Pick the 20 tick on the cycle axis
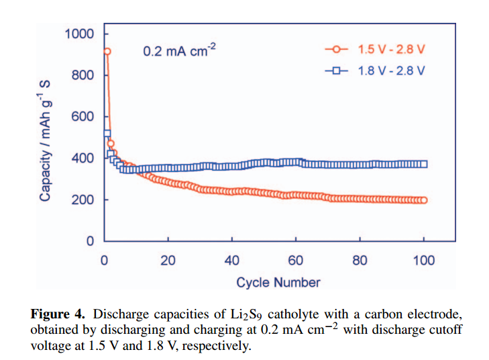point(168,261)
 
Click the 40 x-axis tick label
point(231,261)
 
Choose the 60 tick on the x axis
point(296,261)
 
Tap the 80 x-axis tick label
point(360,261)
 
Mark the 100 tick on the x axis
point(424,261)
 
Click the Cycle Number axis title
point(278,282)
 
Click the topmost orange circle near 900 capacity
point(106,51)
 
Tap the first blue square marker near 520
point(107,133)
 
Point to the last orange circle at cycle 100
point(424,200)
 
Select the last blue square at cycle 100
point(424,164)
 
